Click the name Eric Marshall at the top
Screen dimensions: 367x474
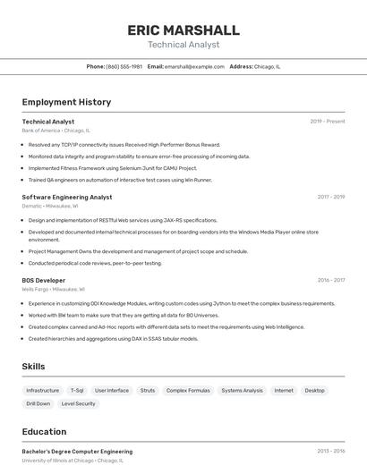tap(183, 30)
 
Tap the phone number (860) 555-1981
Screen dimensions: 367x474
tap(124, 66)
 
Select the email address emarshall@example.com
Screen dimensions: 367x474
tap(194, 66)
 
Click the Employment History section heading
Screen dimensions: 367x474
tap(66, 102)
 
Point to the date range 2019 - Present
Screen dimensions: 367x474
tap(328, 122)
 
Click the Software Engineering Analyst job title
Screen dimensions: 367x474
tap(67, 197)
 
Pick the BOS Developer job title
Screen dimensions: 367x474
tap(44, 280)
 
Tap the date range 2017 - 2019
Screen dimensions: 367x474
tap(330, 197)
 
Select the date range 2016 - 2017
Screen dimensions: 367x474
tap(330, 280)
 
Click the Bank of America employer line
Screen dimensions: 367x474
tap(55, 131)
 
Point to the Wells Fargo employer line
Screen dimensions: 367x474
tap(53, 289)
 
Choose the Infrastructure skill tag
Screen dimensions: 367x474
tap(43, 390)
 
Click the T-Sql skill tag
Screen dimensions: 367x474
tap(77, 390)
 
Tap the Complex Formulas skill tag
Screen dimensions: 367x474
tap(188, 390)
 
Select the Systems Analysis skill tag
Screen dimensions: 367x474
tap(243, 390)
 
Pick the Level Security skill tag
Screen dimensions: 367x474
tap(78, 403)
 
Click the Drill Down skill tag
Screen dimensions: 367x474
tap(38, 403)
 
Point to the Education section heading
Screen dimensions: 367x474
tap(45, 431)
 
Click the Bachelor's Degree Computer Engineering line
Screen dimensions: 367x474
tap(77, 452)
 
